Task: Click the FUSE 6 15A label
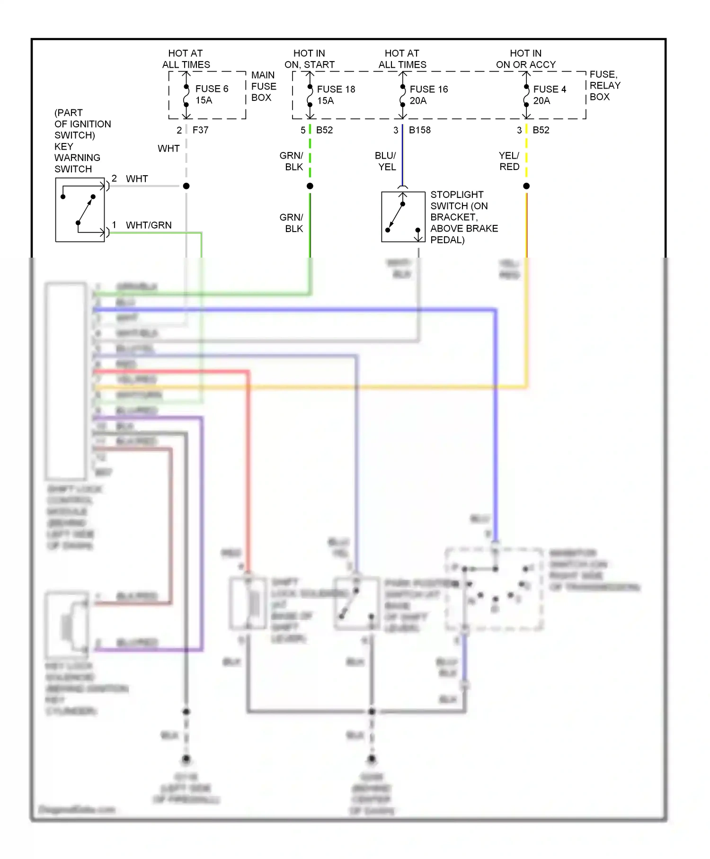211,95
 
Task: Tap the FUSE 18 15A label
335,95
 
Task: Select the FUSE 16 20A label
428,95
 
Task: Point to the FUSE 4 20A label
549,95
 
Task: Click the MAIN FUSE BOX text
263,86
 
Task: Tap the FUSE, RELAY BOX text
604,86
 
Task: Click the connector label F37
200,130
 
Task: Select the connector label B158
419,130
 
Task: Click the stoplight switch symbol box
403,217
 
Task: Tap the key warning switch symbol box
80,210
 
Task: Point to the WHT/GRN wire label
148,225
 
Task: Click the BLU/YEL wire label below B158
386,161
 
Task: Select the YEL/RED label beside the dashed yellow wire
509,161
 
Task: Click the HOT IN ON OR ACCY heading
525,59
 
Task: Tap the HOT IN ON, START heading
309,59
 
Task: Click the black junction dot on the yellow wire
526,186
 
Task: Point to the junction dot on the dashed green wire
310,186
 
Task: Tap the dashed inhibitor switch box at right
494,590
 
